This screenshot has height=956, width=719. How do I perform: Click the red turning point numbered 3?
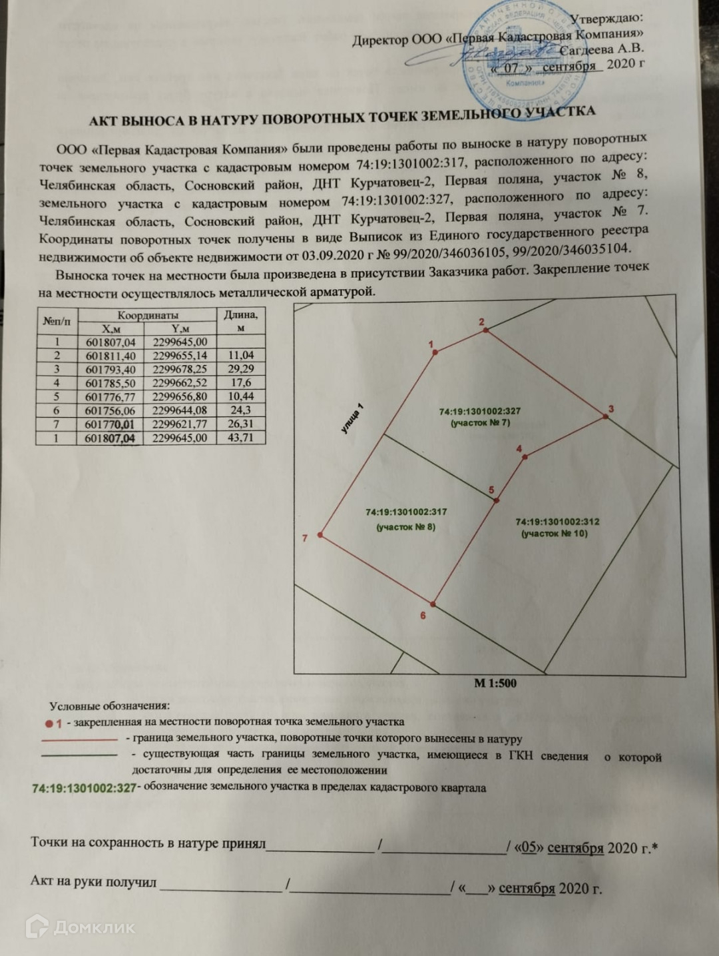pyautogui.click(x=605, y=416)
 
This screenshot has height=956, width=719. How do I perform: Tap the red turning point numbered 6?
pyautogui.click(x=433, y=604)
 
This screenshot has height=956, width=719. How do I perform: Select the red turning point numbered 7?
pyautogui.click(x=320, y=535)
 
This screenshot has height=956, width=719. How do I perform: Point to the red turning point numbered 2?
pyautogui.click(x=486, y=330)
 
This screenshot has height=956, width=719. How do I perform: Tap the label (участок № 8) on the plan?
pyautogui.click(x=405, y=528)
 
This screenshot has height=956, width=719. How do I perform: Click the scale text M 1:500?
pyautogui.click(x=495, y=683)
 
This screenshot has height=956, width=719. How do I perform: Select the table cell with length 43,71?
pyautogui.click(x=240, y=438)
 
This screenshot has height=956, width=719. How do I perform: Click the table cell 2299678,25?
pyautogui.click(x=180, y=369)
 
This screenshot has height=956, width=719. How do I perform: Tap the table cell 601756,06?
pyautogui.click(x=111, y=410)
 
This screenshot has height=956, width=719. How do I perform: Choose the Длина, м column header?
pyautogui.click(x=240, y=320)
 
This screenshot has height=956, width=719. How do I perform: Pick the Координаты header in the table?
pyautogui.click(x=148, y=315)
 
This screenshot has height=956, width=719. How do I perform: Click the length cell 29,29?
pyautogui.click(x=240, y=369)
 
